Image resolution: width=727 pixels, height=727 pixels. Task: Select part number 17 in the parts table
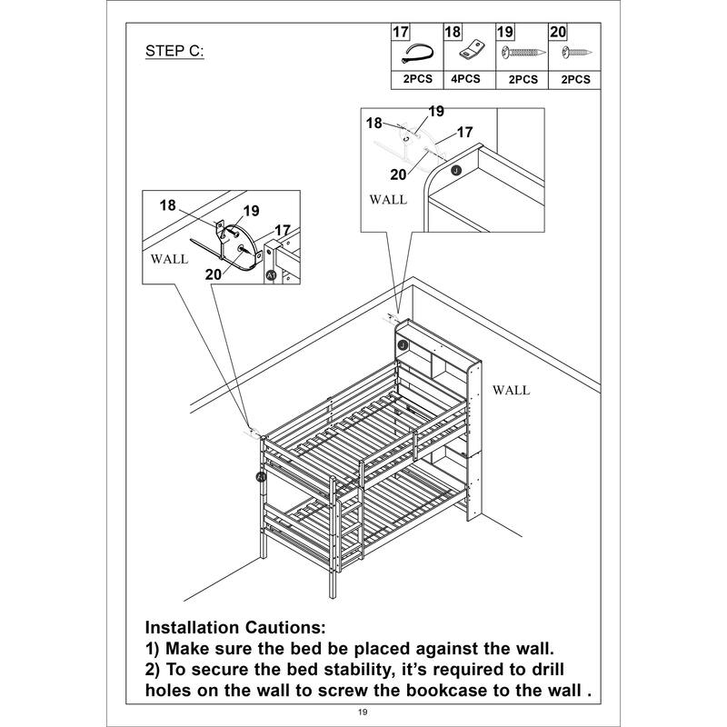tap(400, 32)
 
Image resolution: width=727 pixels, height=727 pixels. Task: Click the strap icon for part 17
tap(416, 53)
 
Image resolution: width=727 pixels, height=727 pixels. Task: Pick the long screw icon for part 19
tap(520, 53)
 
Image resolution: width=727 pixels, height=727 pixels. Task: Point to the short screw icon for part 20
tap(574, 53)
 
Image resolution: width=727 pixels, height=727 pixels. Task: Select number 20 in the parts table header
tap(558, 32)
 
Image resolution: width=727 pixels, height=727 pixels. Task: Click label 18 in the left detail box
tap(167, 204)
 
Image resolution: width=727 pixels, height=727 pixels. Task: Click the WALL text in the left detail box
tap(169, 259)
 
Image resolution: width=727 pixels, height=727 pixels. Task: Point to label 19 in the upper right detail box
tap(435, 111)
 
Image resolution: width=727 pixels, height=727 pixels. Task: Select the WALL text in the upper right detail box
tap(388, 199)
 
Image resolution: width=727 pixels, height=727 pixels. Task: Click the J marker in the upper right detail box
tap(456, 171)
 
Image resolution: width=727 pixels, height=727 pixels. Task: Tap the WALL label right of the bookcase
tap(511, 390)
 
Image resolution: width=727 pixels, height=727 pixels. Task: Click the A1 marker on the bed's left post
tap(262, 476)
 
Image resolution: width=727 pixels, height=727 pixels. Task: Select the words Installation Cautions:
tap(234, 628)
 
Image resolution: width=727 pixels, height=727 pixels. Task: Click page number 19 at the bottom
tap(363, 713)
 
